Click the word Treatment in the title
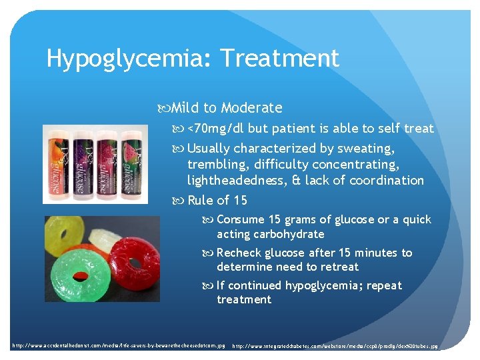point(280,58)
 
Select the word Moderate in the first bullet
point(251,108)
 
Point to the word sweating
point(365,148)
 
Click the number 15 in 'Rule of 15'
point(241,200)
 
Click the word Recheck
point(239,253)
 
